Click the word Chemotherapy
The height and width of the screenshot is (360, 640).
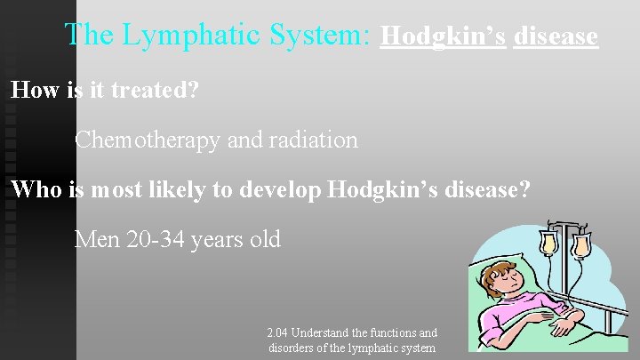point(147,140)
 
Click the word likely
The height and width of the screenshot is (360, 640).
point(208,189)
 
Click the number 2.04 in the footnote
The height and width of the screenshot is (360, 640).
point(276,332)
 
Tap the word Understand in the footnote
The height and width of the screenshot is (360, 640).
point(324,332)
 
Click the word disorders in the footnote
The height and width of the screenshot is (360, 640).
point(293,348)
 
